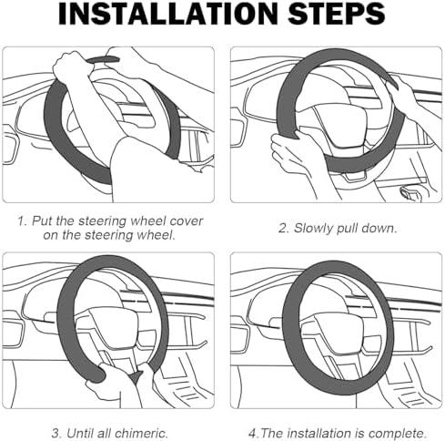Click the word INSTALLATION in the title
click(x=167, y=14)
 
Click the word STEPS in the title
click(x=337, y=14)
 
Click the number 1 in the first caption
click(x=21, y=220)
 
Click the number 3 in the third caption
click(x=56, y=433)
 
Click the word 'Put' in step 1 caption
click(x=42, y=220)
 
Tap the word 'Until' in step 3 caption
click(x=78, y=433)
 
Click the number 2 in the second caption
click(x=283, y=228)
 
